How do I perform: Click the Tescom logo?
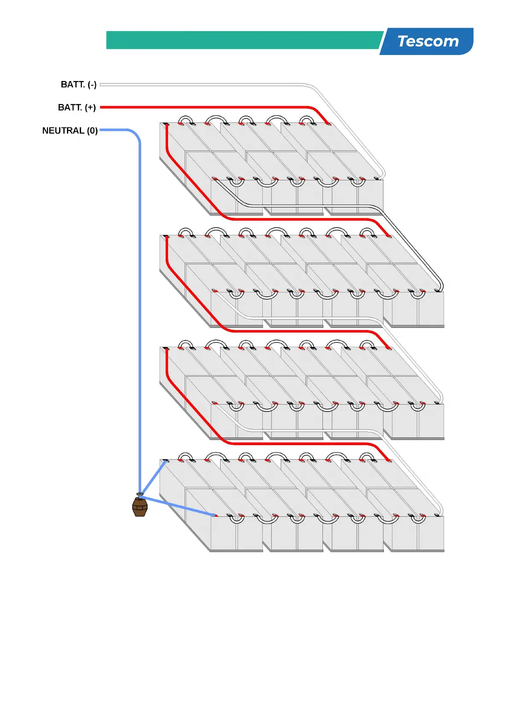(x=427, y=41)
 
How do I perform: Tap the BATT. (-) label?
(x=78, y=84)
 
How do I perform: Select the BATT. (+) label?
(x=77, y=107)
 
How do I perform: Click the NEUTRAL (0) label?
(x=70, y=130)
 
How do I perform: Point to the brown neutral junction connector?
(x=140, y=506)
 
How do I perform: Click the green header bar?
(x=243, y=40)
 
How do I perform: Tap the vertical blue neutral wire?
(x=139, y=298)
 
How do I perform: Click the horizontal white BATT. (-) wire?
(x=200, y=85)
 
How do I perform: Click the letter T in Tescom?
(x=402, y=41)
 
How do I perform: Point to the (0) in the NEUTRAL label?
(x=93, y=130)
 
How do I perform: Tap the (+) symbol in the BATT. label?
(x=90, y=107)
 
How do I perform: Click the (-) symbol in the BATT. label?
(x=92, y=84)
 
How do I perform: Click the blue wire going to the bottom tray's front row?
(x=179, y=506)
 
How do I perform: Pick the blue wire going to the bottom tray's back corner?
(x=154, y=478)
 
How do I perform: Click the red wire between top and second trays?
(x=299, y=219)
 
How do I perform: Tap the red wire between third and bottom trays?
(x=299, y=443)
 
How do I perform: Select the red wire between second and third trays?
(x=299, y=331)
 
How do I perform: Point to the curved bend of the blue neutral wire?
(x=135, y=133)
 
